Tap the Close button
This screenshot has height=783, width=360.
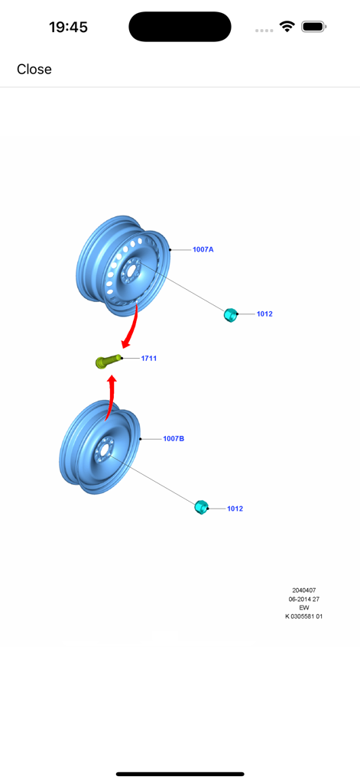[34, 70]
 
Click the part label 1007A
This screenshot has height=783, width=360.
[203, 250]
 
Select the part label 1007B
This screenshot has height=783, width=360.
[174, 439]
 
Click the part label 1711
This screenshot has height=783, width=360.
[149, 359]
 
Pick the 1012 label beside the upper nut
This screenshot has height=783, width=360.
[264, 314]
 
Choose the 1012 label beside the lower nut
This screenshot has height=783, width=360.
[235, 508]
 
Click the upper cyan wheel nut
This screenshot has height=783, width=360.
[229, 314]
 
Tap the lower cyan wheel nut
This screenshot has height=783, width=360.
[201, 507]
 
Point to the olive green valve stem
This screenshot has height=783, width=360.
[107, 361]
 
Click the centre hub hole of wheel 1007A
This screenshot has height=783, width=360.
[131, 270]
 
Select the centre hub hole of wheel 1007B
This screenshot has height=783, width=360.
[102, 453]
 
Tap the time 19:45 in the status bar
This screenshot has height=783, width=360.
[68, 27]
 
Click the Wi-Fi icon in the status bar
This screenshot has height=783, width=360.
[287, 27]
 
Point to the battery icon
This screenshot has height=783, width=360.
[313, 27]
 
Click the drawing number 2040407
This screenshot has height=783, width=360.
[303, 590]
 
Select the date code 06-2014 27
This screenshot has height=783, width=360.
[303, 599]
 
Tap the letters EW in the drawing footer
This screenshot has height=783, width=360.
[303, 607]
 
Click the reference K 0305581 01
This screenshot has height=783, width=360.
[303, 616]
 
